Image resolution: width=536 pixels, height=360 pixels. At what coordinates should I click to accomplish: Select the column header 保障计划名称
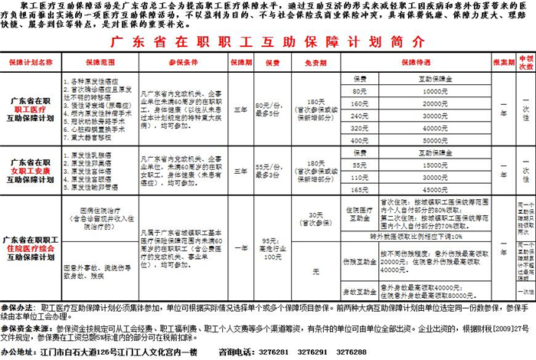[x=31, y=61]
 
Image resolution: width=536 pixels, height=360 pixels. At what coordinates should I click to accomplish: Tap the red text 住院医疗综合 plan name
[x=31, y=249]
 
